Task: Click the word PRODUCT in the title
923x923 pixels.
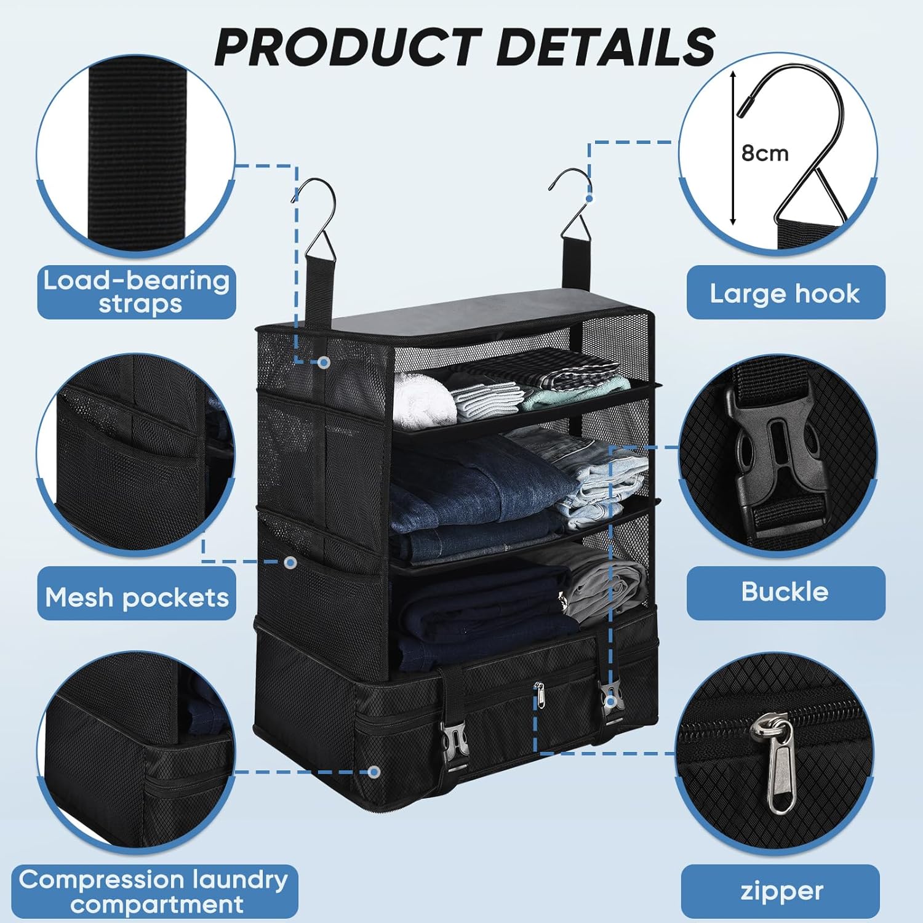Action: [347, 47]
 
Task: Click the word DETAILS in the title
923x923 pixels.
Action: [605, 47]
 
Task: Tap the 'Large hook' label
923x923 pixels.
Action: [785, 293]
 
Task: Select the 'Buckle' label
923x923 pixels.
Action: [785, 592]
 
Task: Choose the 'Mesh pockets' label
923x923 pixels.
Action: [137, 597]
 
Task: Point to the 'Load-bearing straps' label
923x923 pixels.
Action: [137, 292]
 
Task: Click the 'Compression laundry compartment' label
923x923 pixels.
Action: [154, 891]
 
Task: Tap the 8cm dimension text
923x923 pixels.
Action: [765, 153]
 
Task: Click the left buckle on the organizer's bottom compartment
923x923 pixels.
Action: [454, 745]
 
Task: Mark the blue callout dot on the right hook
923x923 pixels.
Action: [589, 198]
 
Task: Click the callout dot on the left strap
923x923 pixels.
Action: [324, 362]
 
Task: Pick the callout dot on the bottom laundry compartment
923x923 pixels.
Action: [374, 772]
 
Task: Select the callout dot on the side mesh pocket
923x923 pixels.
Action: [292, 562]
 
